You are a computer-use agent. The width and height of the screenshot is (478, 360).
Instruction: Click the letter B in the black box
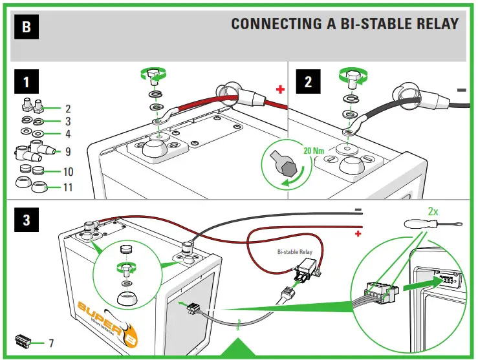pos(25,26)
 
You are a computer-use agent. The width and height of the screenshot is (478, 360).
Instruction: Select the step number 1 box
pos(26,83)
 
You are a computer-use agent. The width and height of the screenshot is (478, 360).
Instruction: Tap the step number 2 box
pos(309,82)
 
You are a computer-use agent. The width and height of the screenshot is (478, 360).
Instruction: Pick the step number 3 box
pos(26,220)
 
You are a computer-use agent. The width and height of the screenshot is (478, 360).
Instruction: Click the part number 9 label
pos(68,152)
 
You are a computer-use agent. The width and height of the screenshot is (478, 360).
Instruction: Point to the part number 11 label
pos(68,188)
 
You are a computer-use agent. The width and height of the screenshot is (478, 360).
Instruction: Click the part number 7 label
pos(50,342)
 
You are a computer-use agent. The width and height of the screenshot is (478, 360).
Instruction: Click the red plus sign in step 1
pos(280,90)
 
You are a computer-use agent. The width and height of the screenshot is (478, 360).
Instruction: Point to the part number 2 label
pos(68,109)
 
